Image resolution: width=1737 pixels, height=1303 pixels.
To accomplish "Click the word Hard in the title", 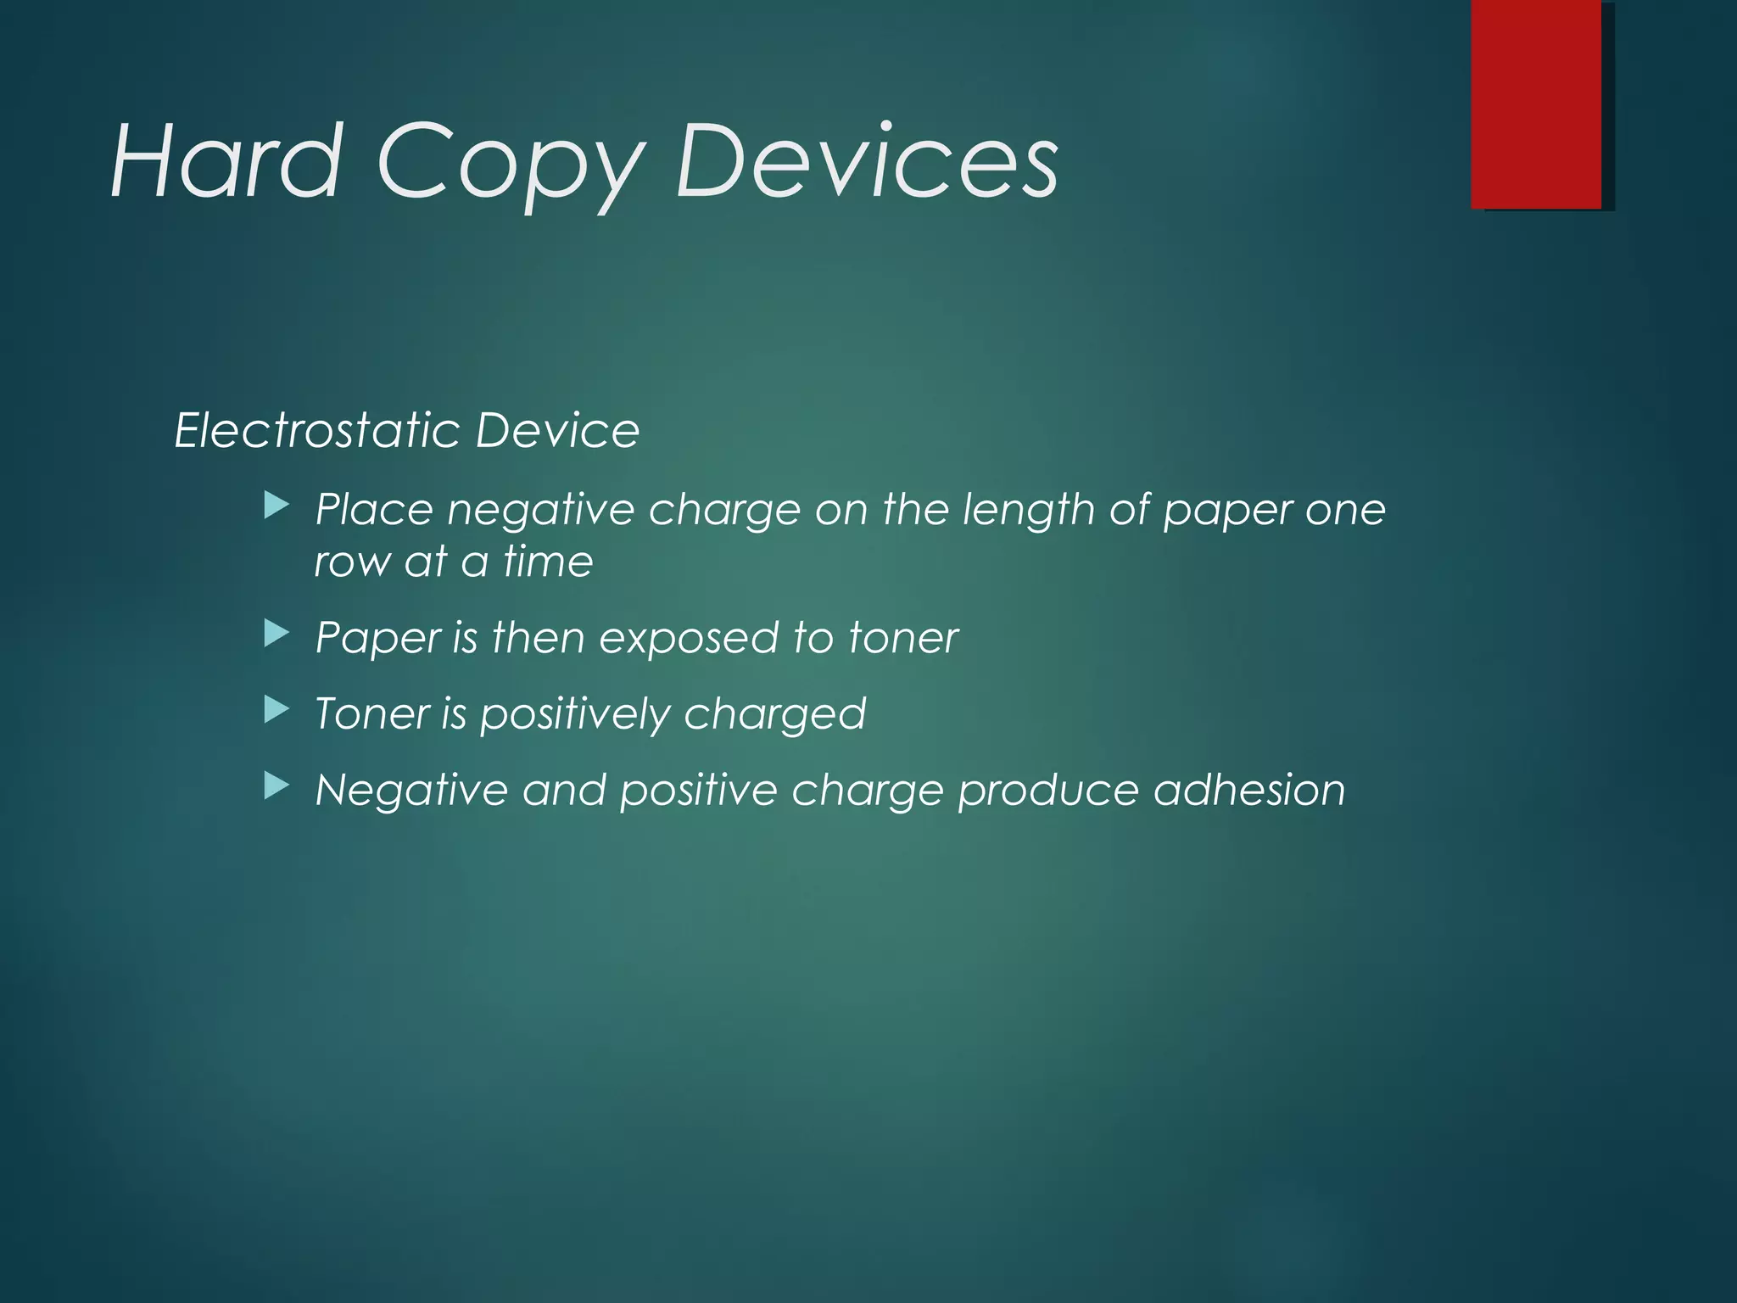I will (x=226, y=161).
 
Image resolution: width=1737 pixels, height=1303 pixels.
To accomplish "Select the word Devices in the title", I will (x=866, y=161).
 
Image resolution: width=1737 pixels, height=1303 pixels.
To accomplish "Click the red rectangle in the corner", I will (x=1536, y=104).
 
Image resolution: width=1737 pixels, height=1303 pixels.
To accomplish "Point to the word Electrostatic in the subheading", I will (x=316, y=430).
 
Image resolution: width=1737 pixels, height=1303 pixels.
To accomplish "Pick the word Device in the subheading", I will (x=557, y=430).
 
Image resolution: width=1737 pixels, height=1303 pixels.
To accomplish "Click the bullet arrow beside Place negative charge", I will (x=276, y=507).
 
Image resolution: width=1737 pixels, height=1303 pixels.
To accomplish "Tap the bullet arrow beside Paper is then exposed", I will (x=276, y=634).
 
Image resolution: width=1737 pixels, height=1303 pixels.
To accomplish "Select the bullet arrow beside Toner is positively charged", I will (x=276, y=710).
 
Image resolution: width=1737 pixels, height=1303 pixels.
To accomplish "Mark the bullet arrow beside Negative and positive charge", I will (x=276, y=786).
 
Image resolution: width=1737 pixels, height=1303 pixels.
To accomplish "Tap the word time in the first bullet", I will (x=548, y=562).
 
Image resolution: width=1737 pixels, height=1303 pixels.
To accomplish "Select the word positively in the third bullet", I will (x=574, y=715).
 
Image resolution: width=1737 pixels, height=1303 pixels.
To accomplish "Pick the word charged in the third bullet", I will (x=774, y=715).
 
